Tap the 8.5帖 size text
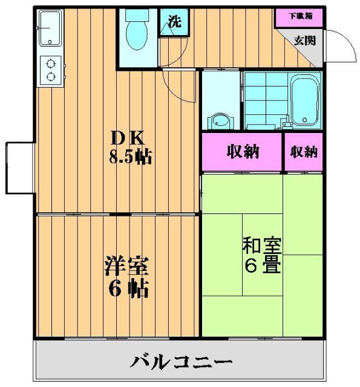point(130,158)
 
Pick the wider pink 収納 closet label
point(243,152)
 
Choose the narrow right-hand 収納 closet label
point(303,152)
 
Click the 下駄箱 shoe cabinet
point(299,17)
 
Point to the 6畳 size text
point(262,265)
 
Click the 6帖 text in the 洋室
point(127,288)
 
